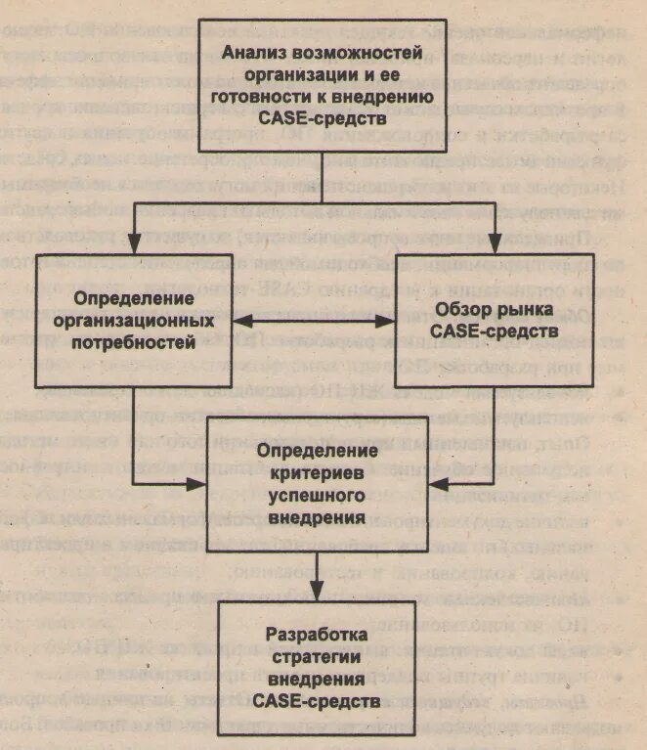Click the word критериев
317,474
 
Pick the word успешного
317,496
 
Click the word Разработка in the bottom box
317,634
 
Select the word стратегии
317,655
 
